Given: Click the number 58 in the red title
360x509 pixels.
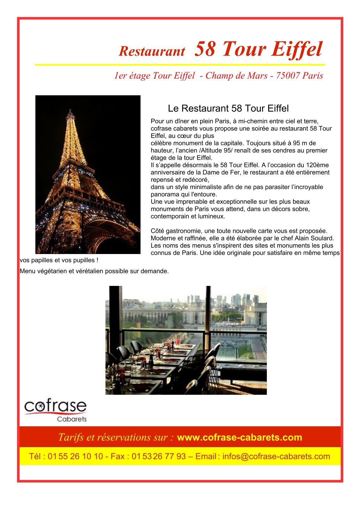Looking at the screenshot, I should (x=205, y=49).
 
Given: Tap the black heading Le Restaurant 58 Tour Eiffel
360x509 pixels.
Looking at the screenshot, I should (x=228, y=109).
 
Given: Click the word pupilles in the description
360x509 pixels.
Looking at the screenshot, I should (x=81, y=260).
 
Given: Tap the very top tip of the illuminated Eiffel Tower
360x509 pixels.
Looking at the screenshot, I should (x=70, y=110).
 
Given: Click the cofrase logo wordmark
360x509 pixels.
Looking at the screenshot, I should (x=55, y=406).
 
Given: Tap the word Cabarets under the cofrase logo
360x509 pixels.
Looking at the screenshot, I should (x=72, y=419).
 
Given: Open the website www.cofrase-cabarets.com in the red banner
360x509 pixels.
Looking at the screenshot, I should (x=239, y=437).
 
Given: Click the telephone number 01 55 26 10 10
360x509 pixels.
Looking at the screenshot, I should (x=75, y=456).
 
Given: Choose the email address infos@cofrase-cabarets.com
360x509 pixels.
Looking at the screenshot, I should (x=276, y=456).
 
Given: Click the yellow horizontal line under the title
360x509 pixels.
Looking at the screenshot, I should (x=180, y=65).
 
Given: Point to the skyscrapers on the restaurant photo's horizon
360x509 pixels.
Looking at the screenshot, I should (x=242, y=299).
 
